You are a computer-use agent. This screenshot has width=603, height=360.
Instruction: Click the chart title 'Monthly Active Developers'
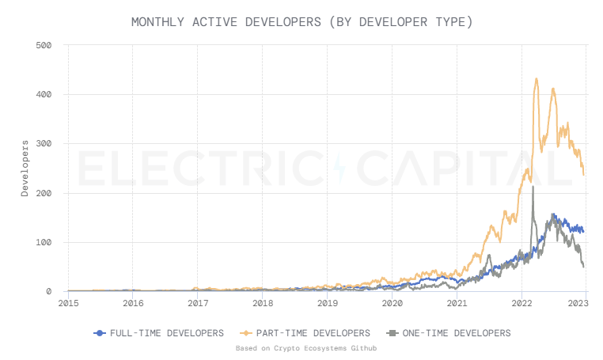pyautogui.click(x=301, y=21)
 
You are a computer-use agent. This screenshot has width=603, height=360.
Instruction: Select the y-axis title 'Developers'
pyautogui.click(x=25, y=168)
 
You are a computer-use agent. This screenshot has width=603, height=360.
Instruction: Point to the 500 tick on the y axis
pyautogui.click(x=44, y=45)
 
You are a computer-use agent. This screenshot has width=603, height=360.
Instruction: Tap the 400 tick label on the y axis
pyautogui.click(x=44, y=94)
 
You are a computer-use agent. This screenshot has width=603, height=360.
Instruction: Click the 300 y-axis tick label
pyautogui.click(x=44, y=144)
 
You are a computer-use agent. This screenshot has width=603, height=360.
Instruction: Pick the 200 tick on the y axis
pyautogui.click(x=44, y=193)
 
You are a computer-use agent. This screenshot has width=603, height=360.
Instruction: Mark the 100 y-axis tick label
pyautogui.click(x=44, y=242)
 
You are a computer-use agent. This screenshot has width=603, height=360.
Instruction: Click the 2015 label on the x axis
pyautogui.click(x=68, y=302)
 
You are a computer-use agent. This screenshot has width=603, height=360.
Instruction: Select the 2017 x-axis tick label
pyautogui.click(x=198, y=302)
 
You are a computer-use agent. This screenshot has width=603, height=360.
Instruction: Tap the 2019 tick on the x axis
pyautogui.click(x=328, y=302)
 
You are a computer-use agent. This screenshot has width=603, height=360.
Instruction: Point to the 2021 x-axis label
pyautogui.click(x=457, y=302)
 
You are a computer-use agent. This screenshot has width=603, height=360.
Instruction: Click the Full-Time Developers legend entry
pyautogui.click(x=158, y=333)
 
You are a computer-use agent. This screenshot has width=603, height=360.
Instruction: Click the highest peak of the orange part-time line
pyautogui.click(x=537, y=79)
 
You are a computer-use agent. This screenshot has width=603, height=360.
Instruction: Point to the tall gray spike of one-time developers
pyautogui.click(x=533, y=188)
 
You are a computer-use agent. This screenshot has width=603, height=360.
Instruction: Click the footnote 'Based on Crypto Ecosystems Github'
pyautogui.click(x=301, y=348)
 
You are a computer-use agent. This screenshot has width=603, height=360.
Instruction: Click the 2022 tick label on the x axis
pyautogui.click(x=521, y=302)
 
